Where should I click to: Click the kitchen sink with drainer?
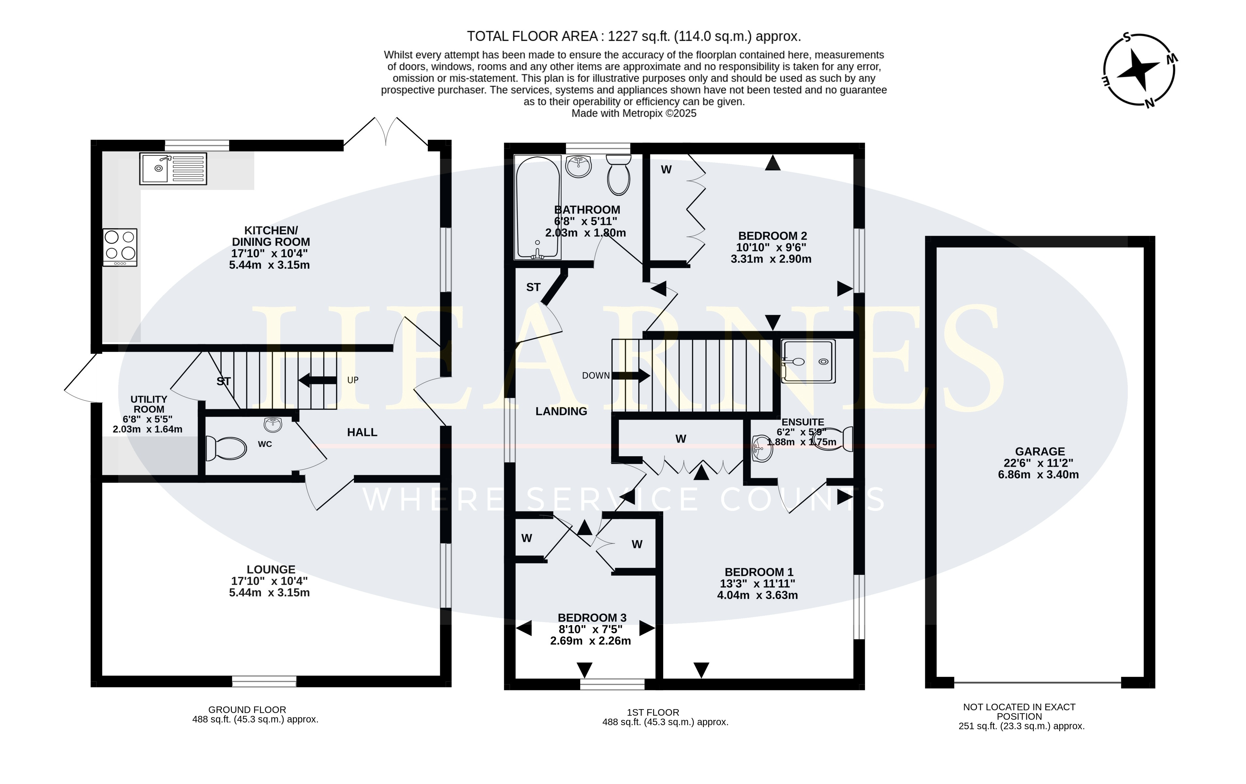[173, 168]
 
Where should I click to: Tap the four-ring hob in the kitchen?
[120, 247]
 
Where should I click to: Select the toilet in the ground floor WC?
[226, 448]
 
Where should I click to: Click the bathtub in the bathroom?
[538, 207]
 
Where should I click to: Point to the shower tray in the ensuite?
[808, 361]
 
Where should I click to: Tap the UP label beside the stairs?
[353, 380]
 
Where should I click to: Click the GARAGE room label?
[1040, 452]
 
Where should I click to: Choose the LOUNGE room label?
[271, 569]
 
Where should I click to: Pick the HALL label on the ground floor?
[362, 432]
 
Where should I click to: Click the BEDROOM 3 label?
[592, 618]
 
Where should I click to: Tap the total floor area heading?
[634, 36]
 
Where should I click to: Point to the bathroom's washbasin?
[579, 166]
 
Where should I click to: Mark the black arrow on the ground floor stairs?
[317, 380]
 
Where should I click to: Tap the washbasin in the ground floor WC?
[273, 425]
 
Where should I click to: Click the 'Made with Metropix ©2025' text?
[634, 113]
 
